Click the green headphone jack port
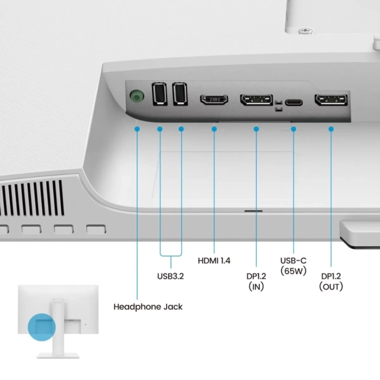tap(136, 95)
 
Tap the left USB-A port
tap(158, 94)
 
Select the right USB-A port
tap(180, 94)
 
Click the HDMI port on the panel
tap(215, 99)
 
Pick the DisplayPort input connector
tap(256, 100)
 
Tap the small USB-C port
tap(293, 102)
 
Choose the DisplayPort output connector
tap(331, 101)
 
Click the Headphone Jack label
tap(148, 306)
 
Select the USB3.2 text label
tap(170, 275)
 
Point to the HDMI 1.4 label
tap(214, 260)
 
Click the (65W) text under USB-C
tap(293, 271)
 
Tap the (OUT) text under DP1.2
tap(331, 286)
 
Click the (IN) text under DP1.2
tap(256, 286)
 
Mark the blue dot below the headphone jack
tap(137, 127)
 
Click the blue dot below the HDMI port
tap(215, 128)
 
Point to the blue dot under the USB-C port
tap(293, 128)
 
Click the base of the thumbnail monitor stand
tap(58, 354)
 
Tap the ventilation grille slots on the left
tap(32, 196)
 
